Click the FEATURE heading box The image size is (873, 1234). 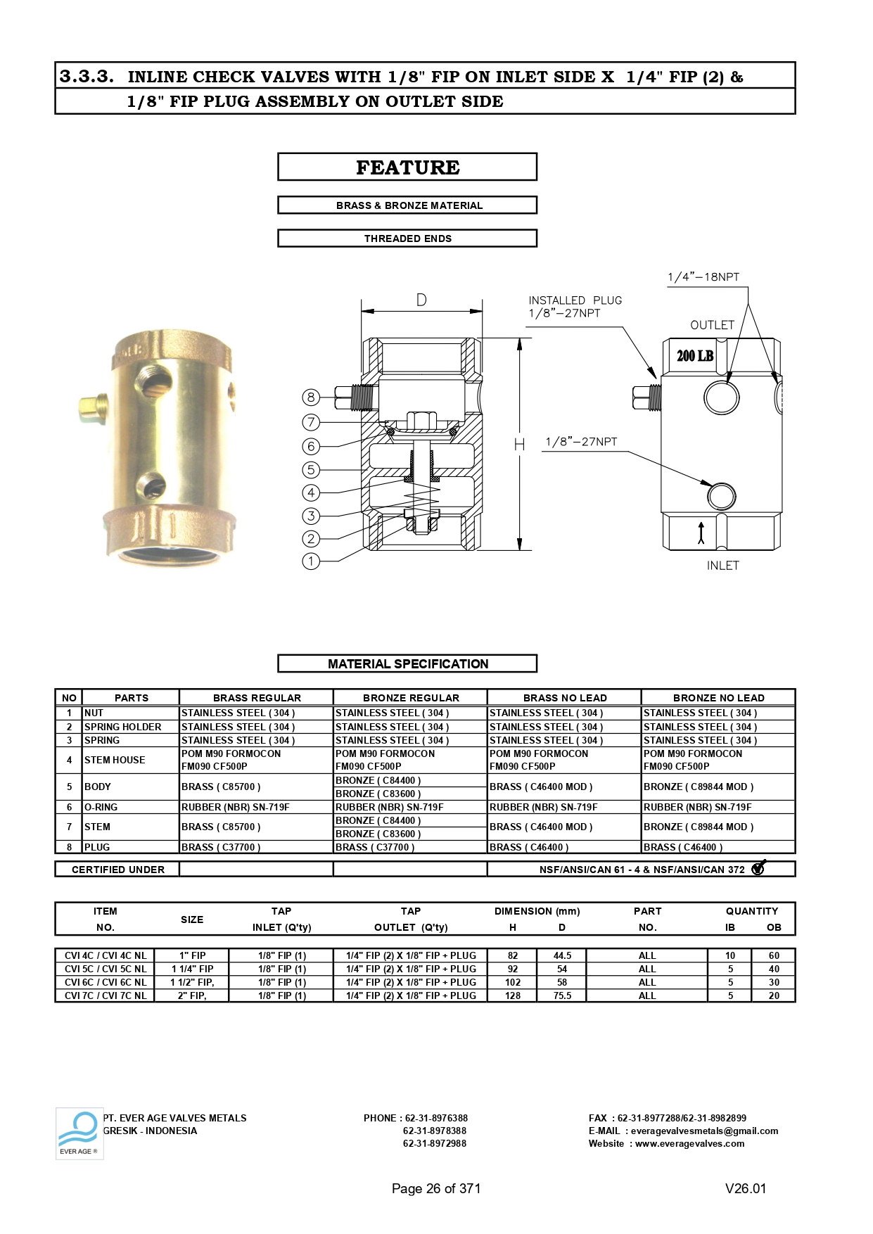407,167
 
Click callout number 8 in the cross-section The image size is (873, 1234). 311,397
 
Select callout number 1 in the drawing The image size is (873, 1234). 311,561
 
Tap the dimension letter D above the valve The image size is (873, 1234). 421,300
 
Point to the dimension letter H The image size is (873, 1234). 519,445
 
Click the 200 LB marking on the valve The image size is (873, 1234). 695,356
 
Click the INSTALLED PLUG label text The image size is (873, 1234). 575,300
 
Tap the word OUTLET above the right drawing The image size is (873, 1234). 712,325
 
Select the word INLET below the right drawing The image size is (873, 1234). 722,566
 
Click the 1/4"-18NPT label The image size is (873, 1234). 703,277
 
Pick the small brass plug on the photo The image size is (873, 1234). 92,408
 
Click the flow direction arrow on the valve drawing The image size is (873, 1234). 701,533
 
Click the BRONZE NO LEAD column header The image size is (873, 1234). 718,698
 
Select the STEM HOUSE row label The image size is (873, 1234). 115,760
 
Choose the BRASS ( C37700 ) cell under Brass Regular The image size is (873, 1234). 221,847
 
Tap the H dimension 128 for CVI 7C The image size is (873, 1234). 513,996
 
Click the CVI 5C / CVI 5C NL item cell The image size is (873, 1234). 106,969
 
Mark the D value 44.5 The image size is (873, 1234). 562,955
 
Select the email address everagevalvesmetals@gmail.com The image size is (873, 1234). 704,1131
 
